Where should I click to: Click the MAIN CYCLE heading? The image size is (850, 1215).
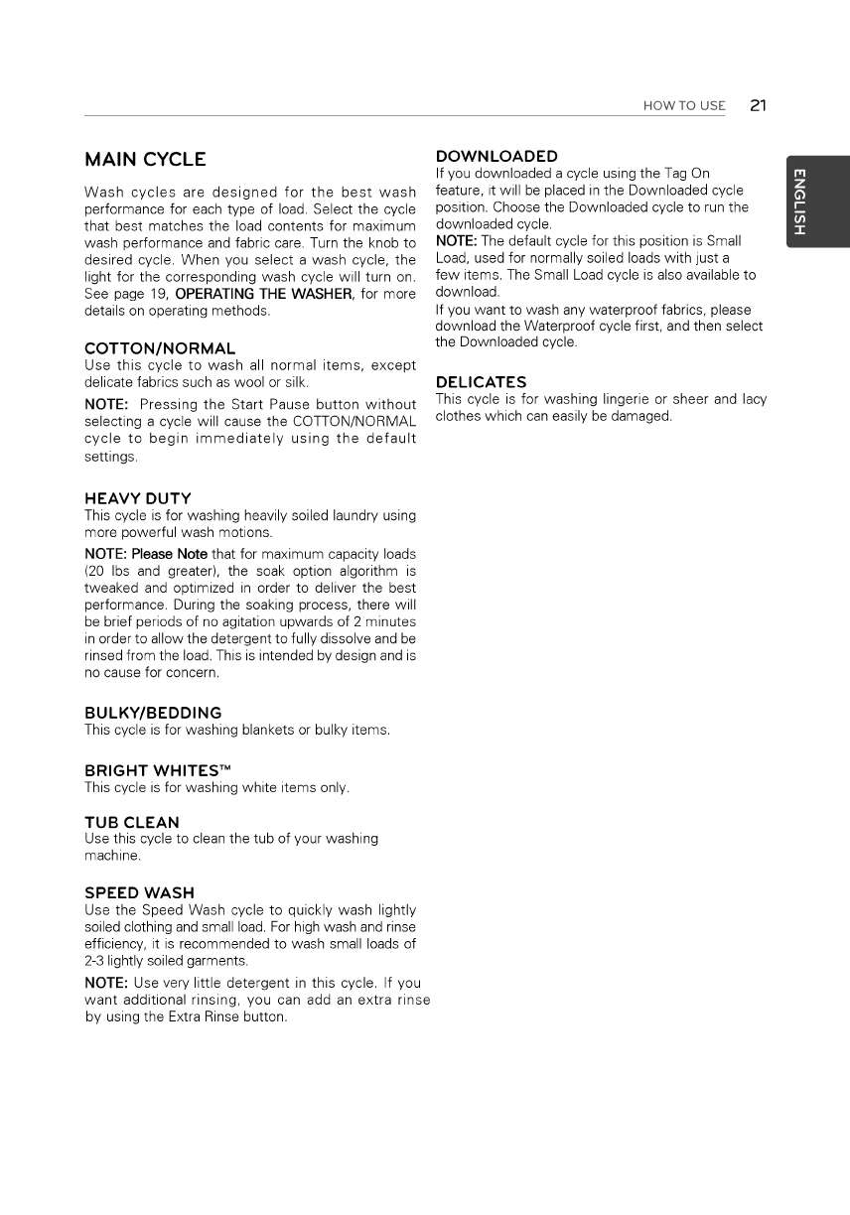145,159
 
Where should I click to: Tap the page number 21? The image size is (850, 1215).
759,105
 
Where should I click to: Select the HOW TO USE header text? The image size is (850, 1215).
684,106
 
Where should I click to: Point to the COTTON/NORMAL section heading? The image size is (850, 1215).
160,348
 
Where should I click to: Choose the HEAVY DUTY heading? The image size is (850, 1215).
138,498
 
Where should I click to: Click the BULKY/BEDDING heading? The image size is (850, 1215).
153,713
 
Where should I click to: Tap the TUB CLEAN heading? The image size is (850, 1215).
132,822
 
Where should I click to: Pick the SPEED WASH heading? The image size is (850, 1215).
139,892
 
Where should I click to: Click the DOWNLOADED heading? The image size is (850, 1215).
496,156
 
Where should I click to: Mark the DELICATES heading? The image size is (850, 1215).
481,382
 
